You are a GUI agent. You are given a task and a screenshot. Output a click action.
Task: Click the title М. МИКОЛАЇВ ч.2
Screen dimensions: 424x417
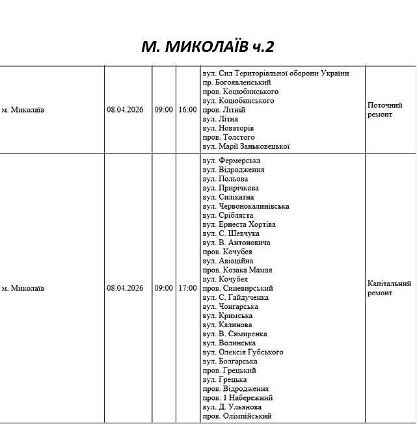coord(208,46)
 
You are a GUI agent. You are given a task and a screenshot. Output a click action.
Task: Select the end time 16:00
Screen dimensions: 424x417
coord(187,110)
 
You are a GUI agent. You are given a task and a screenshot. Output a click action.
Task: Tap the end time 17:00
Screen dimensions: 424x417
coord(187,287)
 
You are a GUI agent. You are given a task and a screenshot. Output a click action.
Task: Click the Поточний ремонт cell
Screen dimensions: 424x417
coord(384,110)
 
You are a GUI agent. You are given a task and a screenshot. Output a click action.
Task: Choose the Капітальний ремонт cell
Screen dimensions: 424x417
coord(389,288)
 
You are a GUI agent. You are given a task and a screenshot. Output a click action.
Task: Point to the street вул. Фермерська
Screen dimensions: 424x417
coord(232,161)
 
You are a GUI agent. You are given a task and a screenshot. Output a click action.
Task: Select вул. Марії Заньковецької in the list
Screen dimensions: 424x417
coord(246,146)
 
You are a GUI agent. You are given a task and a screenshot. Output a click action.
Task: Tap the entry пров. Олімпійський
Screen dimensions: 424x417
coord(237,416)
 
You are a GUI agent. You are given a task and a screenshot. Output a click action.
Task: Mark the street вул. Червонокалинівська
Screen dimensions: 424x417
coord(246,206)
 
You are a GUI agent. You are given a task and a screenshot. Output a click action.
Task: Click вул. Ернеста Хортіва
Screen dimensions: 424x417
coord(239,224)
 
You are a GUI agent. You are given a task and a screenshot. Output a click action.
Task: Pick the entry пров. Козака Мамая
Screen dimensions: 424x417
coord(237,270)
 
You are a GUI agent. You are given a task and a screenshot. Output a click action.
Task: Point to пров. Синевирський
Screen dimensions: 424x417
coord(238,288)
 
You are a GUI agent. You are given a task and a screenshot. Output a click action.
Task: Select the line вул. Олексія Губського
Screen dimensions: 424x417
coord(243,352)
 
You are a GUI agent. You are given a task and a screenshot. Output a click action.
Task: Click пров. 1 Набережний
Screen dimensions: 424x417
coord(237,397)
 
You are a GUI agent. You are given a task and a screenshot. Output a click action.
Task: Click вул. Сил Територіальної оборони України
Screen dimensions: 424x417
coord(276,73)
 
